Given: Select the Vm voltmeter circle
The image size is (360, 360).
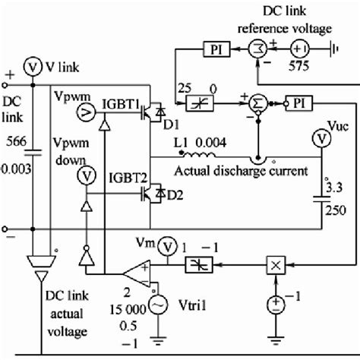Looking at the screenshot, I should tap(170, 243).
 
